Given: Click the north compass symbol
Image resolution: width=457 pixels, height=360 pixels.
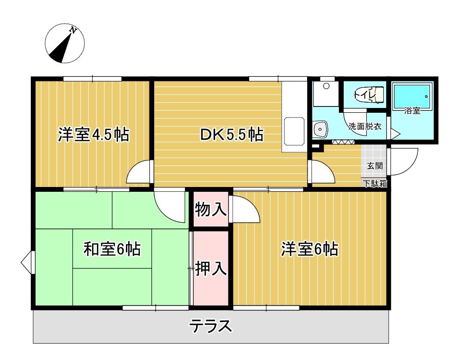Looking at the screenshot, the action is point(65,43).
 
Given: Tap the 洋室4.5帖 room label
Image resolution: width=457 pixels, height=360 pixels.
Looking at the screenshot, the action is point(93,134).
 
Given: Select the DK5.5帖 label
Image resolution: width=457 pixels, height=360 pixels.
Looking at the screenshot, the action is point(231,134).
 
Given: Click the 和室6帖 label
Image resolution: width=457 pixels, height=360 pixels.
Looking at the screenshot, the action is point(112,249).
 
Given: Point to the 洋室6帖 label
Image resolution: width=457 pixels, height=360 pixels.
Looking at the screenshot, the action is point(309,249).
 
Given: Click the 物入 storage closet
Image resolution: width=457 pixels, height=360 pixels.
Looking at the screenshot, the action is point(211,209).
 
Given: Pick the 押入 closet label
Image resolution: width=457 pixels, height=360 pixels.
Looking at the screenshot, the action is point(211,268).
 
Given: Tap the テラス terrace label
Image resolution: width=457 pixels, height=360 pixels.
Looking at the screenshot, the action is point(211,326).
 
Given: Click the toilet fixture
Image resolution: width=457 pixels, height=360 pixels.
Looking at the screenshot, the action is point(368,94).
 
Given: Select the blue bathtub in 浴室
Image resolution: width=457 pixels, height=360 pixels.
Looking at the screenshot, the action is point(412,97).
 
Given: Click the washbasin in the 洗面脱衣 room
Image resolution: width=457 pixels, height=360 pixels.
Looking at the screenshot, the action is point(320,129).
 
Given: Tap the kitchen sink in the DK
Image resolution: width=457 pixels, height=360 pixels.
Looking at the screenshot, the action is point(295,131).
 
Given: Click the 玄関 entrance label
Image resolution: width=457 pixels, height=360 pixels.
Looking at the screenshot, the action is point(375,166).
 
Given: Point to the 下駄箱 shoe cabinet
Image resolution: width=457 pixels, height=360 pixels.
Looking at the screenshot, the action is point(375,184).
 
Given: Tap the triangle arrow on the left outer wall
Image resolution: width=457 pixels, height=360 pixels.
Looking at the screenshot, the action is point(28,263).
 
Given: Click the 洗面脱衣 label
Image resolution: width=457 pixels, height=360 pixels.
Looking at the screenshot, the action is point(365,127).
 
